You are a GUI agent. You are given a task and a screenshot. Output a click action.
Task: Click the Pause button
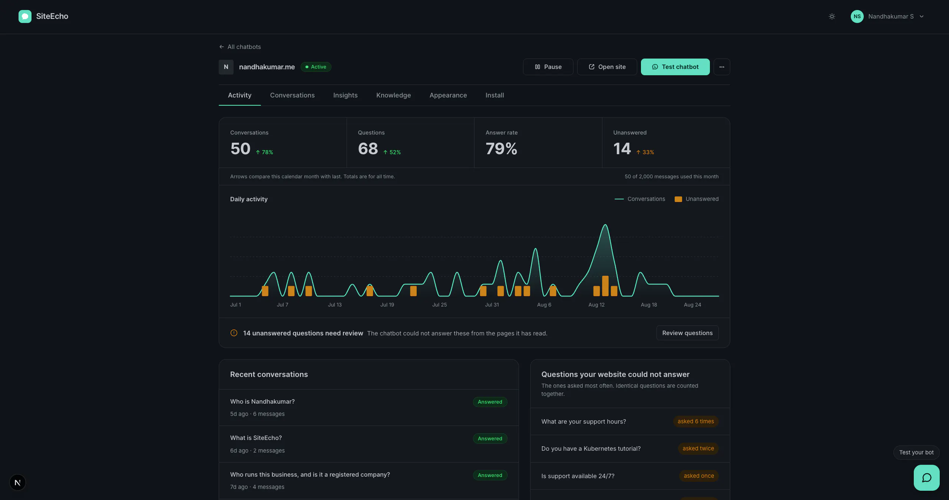click(548, 67)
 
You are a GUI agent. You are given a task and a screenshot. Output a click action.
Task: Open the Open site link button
click(607, 67)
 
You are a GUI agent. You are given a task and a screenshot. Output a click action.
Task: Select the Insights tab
click(345, 95)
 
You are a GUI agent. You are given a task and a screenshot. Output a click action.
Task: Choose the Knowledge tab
click(393, 95)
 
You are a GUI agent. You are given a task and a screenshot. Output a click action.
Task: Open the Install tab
click(495, 95)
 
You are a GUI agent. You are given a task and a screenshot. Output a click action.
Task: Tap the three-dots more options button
click(722, 67)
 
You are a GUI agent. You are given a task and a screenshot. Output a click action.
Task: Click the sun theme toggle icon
click(832, 16)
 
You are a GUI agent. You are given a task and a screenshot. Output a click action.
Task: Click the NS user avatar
click(857, 16)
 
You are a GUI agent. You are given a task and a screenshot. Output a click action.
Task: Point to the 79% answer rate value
click(501, 149)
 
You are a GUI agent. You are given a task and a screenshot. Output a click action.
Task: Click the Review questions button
click(687, 333)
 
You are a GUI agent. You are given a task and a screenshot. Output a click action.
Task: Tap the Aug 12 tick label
click(596, 305)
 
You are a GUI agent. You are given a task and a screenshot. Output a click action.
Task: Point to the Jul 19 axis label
click(387, 305)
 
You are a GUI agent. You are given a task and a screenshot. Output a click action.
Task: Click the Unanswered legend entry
click(697, 199)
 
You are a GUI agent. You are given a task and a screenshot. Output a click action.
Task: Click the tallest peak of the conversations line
click(605, 225)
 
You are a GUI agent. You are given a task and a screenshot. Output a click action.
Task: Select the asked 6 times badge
click(696, 421)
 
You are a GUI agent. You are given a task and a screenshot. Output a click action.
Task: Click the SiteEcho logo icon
click(25, 16)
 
